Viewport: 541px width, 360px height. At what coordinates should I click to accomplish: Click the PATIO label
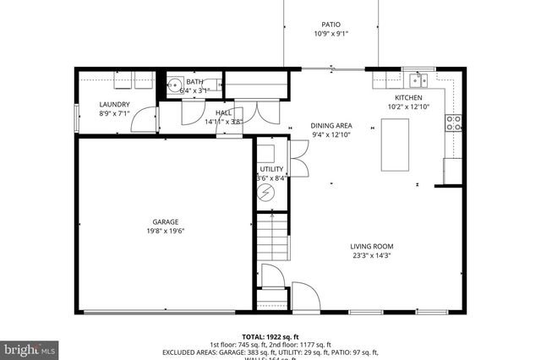pyautogui.click(x=331, y=25)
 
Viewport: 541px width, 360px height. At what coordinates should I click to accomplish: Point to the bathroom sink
pyautogui.click(x=175, y=85)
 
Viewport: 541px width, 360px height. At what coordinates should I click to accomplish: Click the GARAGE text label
pyautogui.click(x=165, y=222)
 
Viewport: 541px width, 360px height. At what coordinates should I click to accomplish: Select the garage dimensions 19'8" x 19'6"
pyautogui.click(x=165, y=232)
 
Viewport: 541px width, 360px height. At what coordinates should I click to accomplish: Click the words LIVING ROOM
pyautogui.click(x=371, y=247)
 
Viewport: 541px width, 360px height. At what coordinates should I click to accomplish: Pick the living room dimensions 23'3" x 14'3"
pyautogui.click(x=371, y=256)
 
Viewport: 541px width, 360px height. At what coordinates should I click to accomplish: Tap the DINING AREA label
pyautogui.click(x=331, y=125)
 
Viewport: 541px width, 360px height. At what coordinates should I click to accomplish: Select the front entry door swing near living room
pyautogui.click(x=303, y=295)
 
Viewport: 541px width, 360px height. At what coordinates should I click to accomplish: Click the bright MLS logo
pyautogui.click(x=29, y=347)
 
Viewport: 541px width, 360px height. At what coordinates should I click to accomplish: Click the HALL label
pyautogui.click(x=223, y=112)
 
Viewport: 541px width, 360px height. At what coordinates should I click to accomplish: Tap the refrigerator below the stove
pyautogui.click(x=452, y=170)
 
